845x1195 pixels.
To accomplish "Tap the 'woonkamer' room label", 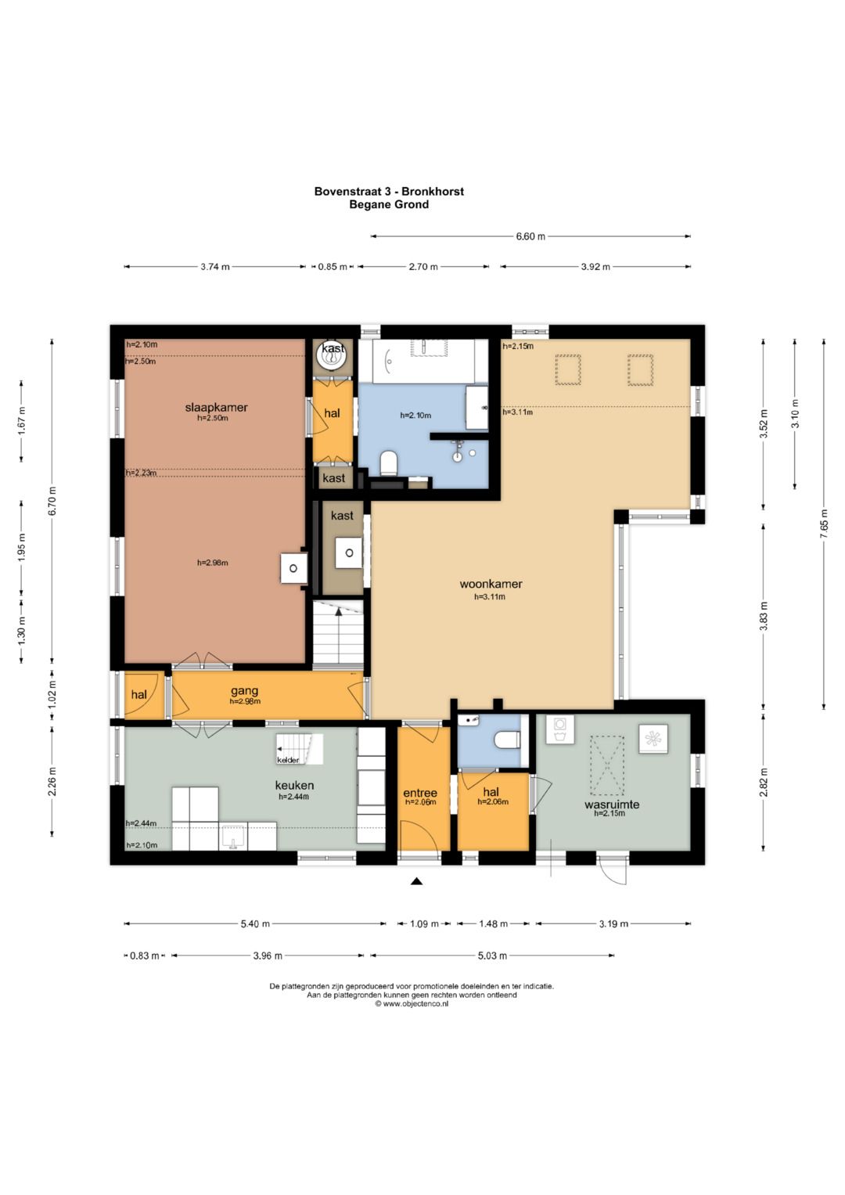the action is pos(491,584).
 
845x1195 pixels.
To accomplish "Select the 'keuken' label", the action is pos(294,785).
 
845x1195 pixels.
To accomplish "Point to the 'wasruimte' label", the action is pos(611,804).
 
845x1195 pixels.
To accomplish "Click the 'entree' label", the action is pos(420,794).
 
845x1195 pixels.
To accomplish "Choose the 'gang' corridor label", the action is pos(245,691).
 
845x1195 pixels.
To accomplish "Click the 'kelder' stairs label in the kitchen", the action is pos(288,760).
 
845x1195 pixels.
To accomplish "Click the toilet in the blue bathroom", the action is pos(388,463).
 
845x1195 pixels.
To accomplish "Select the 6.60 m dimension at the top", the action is pos(530,236).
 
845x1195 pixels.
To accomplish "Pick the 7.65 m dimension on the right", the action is pos(825,524).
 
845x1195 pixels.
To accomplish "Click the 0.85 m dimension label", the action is pos(333,267).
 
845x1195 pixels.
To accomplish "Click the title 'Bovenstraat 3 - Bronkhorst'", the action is pos(389,192).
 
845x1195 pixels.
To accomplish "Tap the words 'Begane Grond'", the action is pos(389,204).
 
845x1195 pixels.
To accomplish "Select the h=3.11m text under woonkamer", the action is pos(490,597).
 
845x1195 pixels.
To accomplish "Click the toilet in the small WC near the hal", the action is pos(507,740).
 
